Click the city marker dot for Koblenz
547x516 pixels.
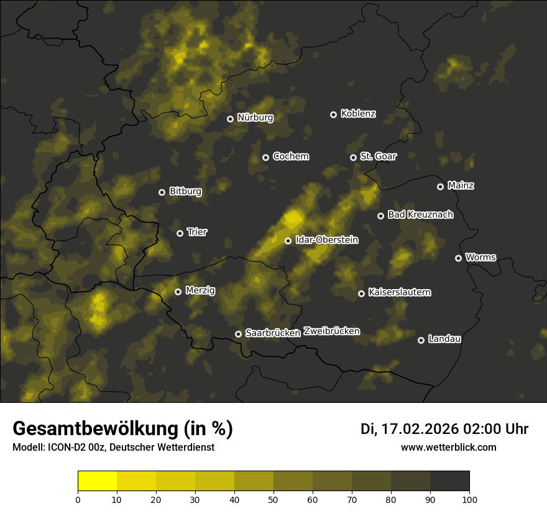(333, 114)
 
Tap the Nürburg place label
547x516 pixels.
(255, 117)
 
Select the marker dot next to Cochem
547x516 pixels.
(265, 157)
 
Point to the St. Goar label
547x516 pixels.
(378, 157)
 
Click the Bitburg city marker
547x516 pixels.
(162, 192)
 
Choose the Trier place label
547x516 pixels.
(197, 233)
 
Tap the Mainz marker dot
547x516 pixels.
(440, 187)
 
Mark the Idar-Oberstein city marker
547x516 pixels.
(288, 241)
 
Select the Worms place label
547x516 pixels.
(480, 257)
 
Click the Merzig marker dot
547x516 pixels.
(178, 292)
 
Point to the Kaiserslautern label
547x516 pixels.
(399, 292)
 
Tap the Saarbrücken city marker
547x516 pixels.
(238, 334)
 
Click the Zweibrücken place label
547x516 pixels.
(331, 331)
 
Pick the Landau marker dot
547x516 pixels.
(421, 340)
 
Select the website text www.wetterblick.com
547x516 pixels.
(448, 447)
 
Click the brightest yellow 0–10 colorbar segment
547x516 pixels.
(97, 481)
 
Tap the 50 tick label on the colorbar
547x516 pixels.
(273, 499)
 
